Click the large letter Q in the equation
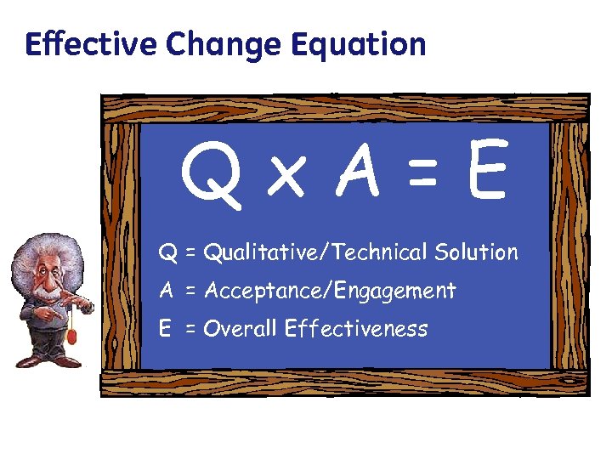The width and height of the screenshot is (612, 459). [x=208, y=175]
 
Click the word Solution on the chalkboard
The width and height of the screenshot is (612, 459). [x=476, y=252]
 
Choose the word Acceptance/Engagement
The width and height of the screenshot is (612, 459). [x=330, y=292]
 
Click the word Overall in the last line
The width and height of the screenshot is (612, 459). [x=241, y=329]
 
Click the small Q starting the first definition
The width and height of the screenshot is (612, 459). [x=168, y=253]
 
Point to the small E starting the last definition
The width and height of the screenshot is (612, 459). [x=167, y=329]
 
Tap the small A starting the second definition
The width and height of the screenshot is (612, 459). [x=167, y=291]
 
